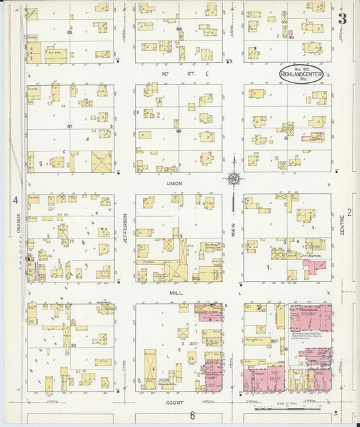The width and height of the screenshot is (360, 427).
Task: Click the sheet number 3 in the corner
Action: [x=342, y=19]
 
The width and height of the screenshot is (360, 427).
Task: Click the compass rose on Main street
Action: [x=234, y=179]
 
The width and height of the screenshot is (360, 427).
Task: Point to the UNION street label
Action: [x=176, y=184]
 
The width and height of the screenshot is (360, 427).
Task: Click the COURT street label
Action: [x=176, y=402]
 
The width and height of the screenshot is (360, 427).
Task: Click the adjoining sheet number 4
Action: [x=14, y=200]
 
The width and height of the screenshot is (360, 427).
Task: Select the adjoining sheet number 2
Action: [x=350, y=212]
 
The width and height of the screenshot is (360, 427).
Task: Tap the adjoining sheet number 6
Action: [x=192, y=415]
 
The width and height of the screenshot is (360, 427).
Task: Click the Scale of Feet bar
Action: [x=284, y=407]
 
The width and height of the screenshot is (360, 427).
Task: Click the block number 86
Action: [x=70, y=32]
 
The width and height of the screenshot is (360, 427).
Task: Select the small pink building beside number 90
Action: [x=290, y=32]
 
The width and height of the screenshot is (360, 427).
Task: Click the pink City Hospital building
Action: [x=314, y=266]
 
